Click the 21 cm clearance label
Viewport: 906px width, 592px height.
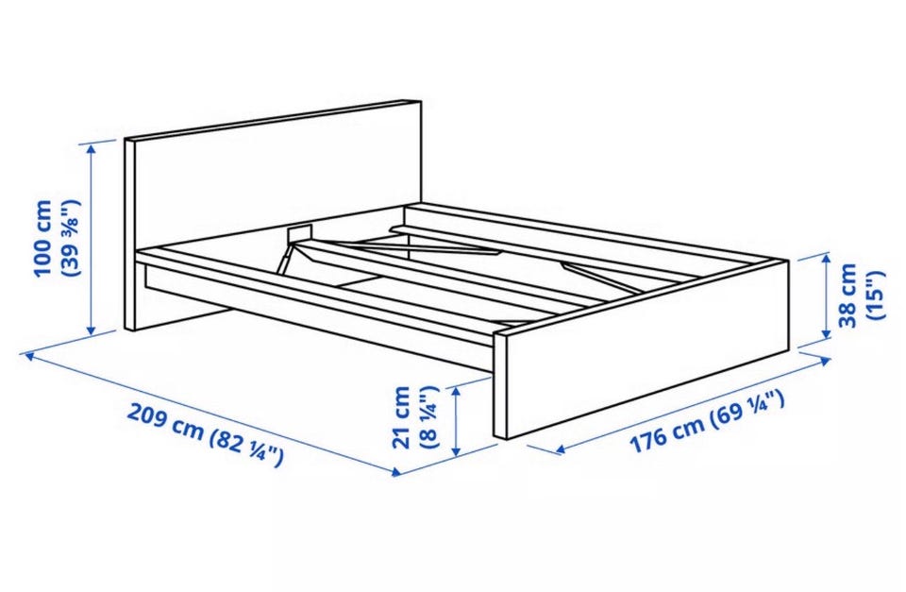tap(401, 416)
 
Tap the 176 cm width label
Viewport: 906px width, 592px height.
tap(666, 433)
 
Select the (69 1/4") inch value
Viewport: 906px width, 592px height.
tap(747, 407)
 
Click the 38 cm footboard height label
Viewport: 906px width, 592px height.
tap(847, 296)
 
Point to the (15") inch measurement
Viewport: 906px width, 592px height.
tap(875, 295)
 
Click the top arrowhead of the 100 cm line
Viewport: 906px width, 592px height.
tap(92, 147)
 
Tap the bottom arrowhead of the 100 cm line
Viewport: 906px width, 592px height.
tap(91, 330)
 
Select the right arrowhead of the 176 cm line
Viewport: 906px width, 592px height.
tap(827, 362)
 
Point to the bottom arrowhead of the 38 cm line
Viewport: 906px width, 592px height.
tap(826, 335)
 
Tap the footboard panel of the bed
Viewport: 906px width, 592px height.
tap(642, 349)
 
